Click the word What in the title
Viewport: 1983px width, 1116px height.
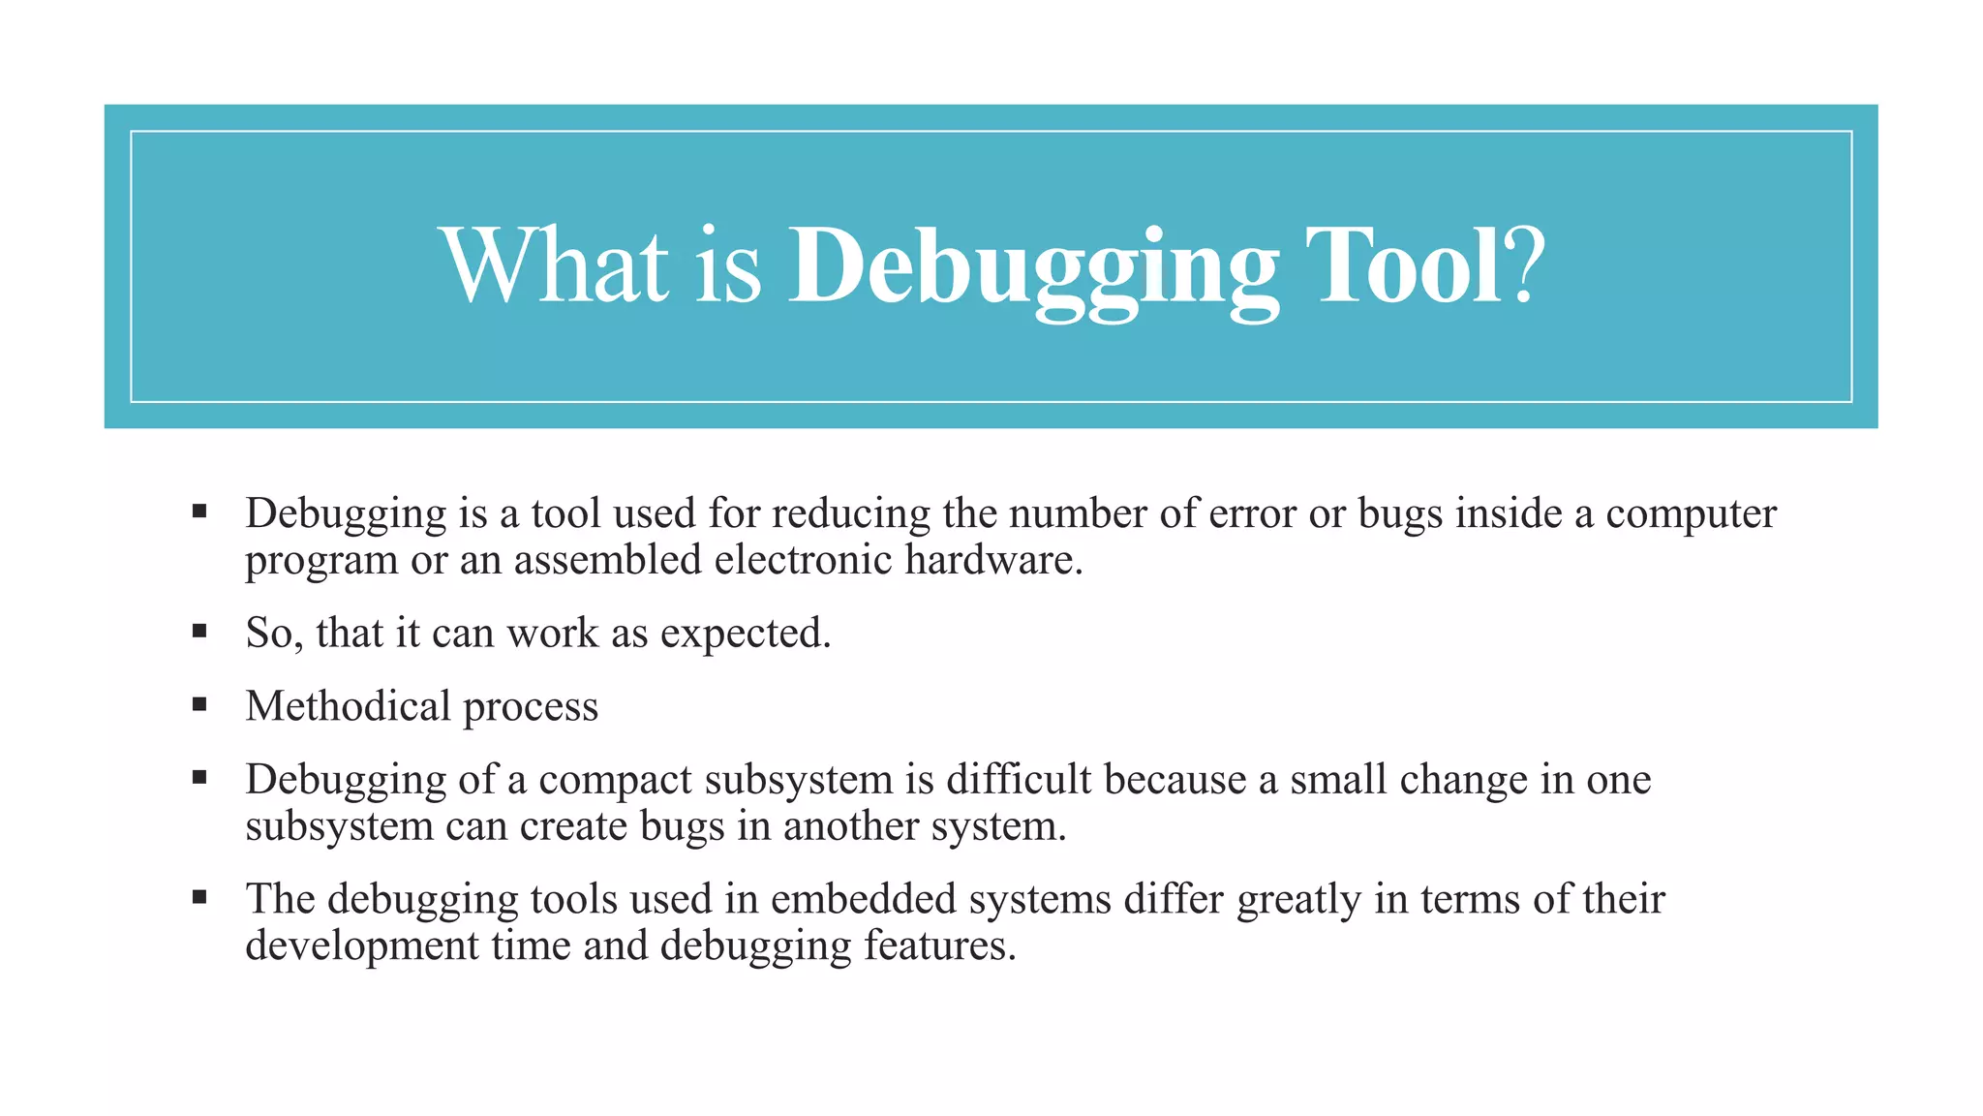click(554, 265)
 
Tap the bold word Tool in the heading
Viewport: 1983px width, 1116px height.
click(1404, 265)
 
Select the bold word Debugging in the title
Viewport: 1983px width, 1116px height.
click(1034, 267)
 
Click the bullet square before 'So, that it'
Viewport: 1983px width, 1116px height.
click(199, 632)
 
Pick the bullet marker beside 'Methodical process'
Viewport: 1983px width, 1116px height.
click(199, 704)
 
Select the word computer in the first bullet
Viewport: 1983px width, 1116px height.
click(1691, 514)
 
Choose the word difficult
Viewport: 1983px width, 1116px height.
click(1019, 779)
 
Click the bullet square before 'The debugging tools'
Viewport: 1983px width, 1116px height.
click(199, 897)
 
